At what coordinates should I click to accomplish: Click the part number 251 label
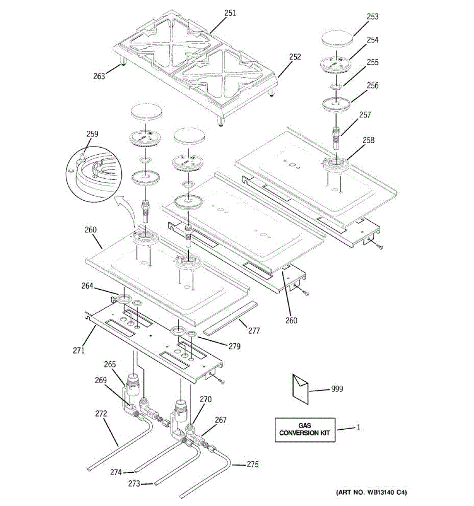coord(230,13)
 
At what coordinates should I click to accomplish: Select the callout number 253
coord(372,16)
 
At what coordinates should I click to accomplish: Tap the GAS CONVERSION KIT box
coord(305,430)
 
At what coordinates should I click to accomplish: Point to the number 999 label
coord(337,389)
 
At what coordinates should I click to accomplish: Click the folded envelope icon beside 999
coord(300,386)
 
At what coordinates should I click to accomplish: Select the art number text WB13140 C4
coord(371,492)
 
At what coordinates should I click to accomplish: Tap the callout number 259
coord(92,134)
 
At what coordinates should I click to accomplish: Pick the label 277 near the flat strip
coord(254,331)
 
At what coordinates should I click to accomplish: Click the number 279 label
coord(234,346)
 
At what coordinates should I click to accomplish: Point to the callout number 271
coord(79,350)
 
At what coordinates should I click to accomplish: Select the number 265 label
coord(110,364)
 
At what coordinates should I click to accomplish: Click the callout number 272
coord(101,414)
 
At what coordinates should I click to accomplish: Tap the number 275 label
coord(253,465)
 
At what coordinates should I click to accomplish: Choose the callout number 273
coord(134,484)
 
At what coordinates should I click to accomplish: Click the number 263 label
coord(99,76)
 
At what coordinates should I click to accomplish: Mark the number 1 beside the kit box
coord(358,428)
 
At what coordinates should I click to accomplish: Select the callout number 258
coord(368,140)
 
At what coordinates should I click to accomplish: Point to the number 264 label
coord(87,286)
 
